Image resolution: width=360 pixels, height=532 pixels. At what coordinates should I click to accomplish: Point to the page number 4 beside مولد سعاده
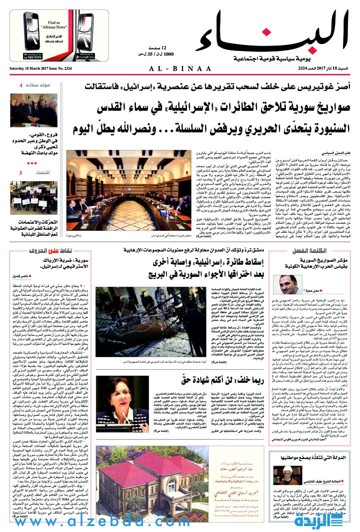(x=20, y=86)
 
